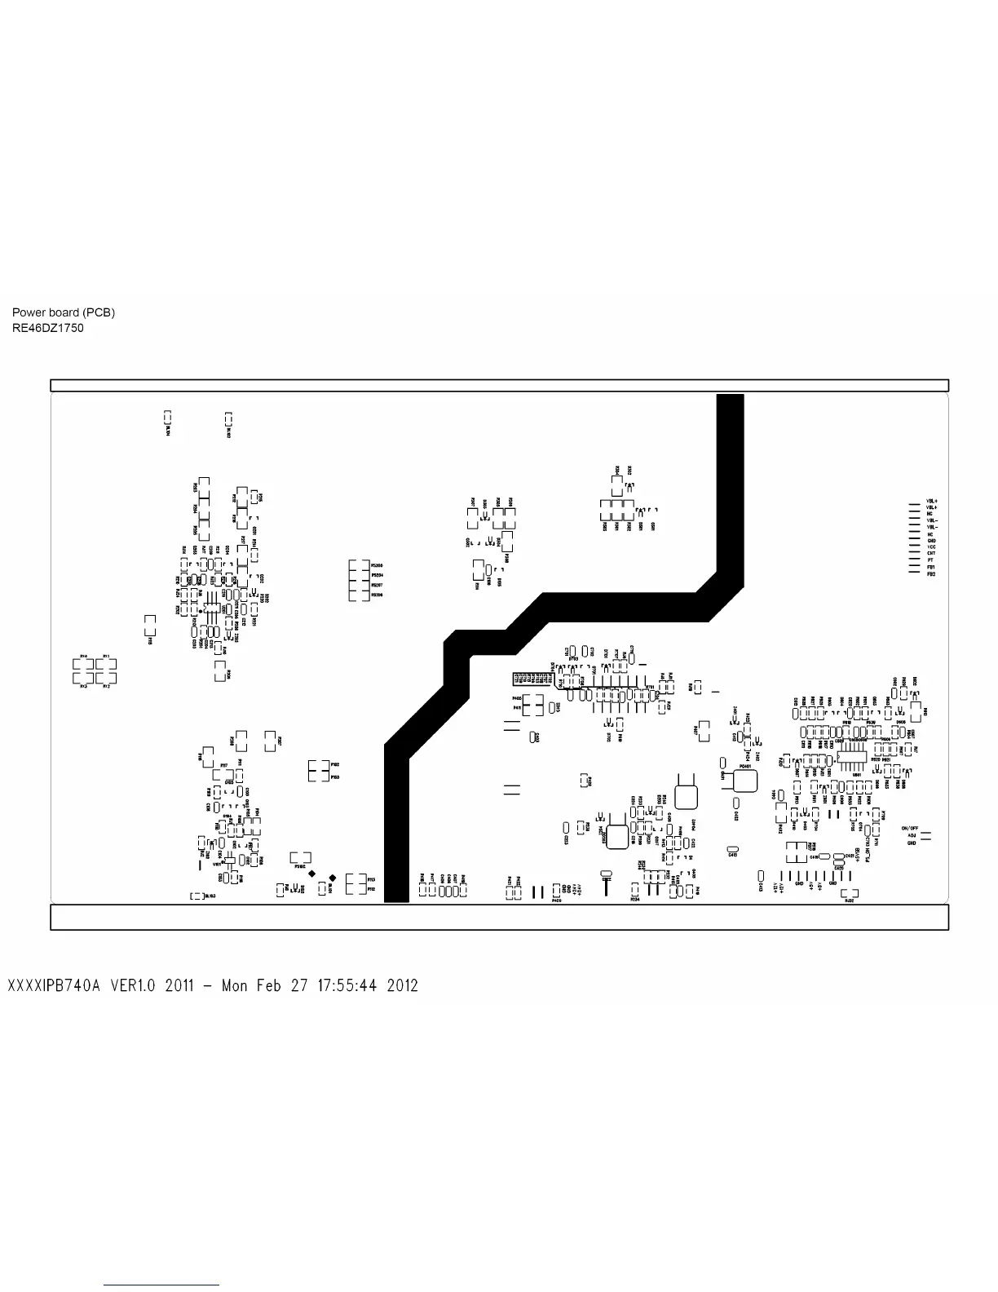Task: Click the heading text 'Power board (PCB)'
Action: (64, 312)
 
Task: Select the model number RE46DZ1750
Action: (47, 328)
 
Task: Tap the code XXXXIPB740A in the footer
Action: (54, 985)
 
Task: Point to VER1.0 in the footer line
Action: (133, 985)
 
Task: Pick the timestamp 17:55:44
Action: (341, 985)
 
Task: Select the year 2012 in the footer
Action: (402, 985)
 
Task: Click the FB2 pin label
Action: (931, 574)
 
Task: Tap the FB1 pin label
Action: (931, 568)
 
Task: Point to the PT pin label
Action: (930, 560)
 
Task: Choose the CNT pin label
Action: (931, 554)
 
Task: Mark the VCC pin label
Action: (931, 547)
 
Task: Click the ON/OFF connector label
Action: (910, 829)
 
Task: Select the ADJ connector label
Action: (911, 836)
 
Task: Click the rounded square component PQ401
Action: (744, 781)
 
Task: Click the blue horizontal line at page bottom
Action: (161, 1285)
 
